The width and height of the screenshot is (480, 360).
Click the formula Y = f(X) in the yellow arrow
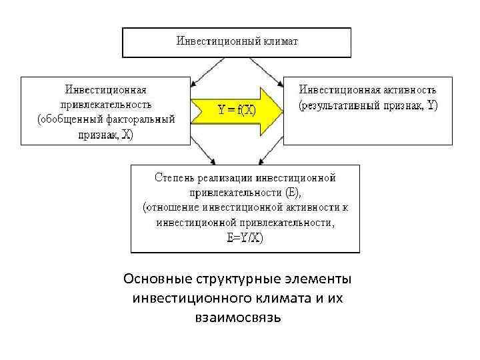tap(237, 110)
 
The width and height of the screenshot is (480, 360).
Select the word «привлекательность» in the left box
tap(105, 104)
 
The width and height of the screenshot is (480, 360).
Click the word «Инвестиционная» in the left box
tap(105, 89)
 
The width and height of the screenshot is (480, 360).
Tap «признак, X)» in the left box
tap(105, 135)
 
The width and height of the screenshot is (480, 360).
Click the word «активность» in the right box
tap(410, 89)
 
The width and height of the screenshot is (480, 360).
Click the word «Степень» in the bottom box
tap(175, 178)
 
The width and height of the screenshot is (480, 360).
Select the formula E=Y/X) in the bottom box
tap(245, 239)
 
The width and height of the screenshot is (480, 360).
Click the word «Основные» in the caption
tap(157, 278)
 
